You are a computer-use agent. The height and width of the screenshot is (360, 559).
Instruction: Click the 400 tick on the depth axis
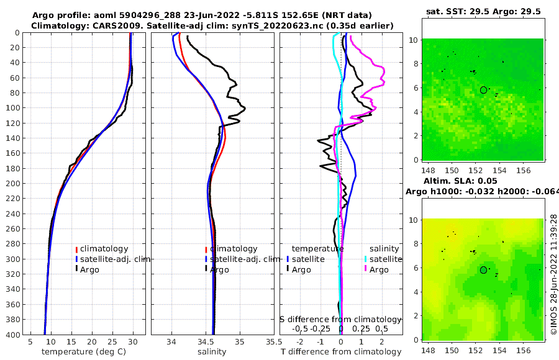(x=13, y=335)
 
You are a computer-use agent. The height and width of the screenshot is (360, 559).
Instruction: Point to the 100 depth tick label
(x=13, y=108)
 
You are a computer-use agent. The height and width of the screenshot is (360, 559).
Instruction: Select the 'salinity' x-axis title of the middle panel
(x=212, y=352)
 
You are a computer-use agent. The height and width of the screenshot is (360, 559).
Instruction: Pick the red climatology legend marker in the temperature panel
(x=77, y=249)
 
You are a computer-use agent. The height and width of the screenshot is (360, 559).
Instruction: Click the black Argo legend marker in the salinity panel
(x=206, y=269)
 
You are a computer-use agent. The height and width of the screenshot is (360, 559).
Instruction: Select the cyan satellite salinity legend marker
(x=366, y=259)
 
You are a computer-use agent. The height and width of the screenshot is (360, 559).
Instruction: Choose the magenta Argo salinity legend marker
(x=366, y=269)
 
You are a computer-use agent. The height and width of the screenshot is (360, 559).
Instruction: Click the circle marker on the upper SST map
(x=483, y=90)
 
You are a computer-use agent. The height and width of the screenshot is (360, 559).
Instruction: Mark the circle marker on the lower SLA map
(x=483, y=270)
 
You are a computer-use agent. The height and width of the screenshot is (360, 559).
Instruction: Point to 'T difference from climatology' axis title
(x=341, y=352)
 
